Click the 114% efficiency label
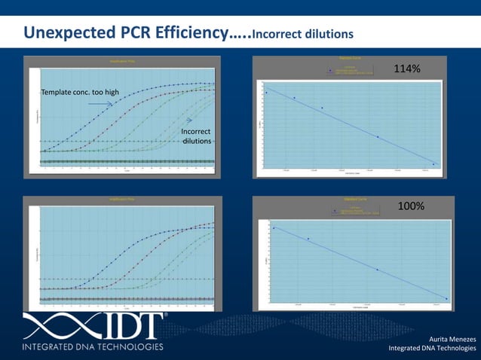pyautogui.click(x=407, y=69)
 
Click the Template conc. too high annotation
pyautogui.click(x=80, y=92)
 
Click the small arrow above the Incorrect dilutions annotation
pyautogui.click(x=190, y=121)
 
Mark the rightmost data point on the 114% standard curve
pyautogui.click(x=434, y=163)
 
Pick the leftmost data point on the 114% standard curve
pyautogui.click(x=266, y=92)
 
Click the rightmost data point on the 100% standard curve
pyautogui.click(x=446, y=299)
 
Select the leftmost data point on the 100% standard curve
pyautogui.click(x=273, y=227)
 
